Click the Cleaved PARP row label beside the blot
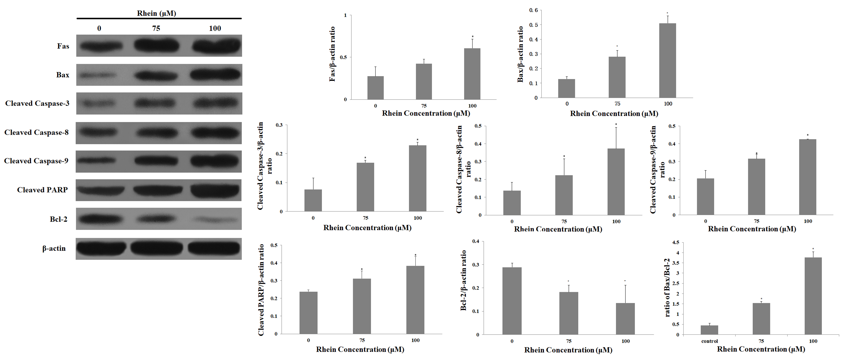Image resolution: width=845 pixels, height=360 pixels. pos(42,190)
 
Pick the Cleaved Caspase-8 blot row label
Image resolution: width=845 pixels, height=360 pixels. pos(36,132)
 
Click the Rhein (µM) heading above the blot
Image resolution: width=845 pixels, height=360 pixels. pos(156,13)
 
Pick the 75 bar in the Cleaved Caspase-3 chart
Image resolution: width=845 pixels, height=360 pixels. pos(365,187)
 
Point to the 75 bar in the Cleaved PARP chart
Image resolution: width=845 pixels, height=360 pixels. pos(362,306)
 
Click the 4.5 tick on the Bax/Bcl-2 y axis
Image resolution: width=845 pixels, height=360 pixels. pos(675,242)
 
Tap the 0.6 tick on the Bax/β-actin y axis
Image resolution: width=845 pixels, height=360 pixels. pos(533,10)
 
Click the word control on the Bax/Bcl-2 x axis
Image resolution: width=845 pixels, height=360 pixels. pos(710,341)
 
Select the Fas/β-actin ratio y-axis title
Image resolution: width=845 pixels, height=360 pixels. pos(332,54)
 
